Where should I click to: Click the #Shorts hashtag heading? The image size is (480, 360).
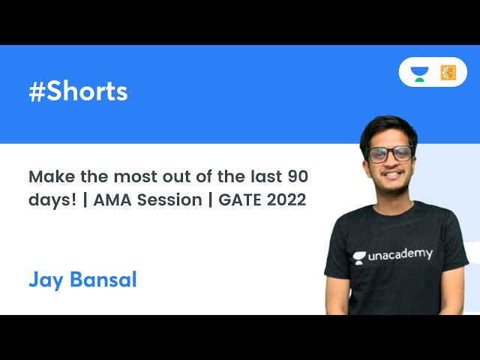[x=78, y=91]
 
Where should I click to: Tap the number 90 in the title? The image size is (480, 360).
[x=296, y=177]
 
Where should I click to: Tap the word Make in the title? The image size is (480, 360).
[x=49, y=177]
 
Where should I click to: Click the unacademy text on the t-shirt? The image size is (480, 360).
[x=400, y=255]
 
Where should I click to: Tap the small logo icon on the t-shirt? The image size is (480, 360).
[x=359, y=257]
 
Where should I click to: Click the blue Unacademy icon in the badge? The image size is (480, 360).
[x=419, y=73]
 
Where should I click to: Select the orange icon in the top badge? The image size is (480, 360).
[x=448, y=73]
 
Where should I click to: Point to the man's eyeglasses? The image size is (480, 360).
[x=390, y=154]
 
